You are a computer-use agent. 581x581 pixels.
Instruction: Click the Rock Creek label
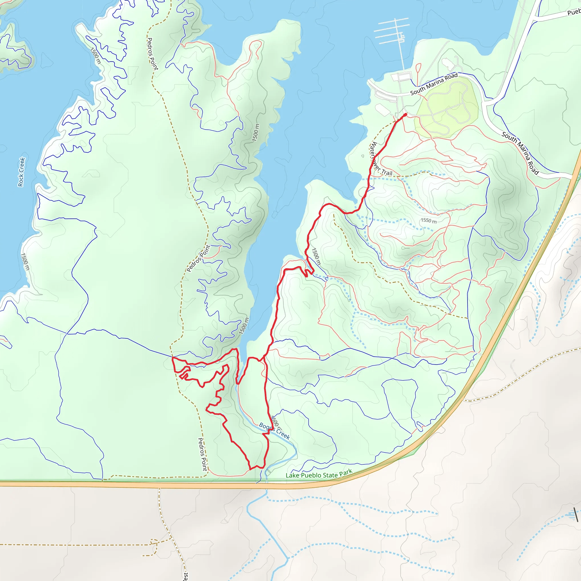pos(21,172)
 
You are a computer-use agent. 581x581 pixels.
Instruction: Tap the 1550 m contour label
pos(429,220)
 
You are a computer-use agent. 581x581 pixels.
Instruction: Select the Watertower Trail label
pos(380,159)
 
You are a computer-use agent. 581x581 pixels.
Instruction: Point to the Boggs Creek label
pos(274,431)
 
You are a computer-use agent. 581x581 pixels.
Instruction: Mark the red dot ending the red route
pos(405,115)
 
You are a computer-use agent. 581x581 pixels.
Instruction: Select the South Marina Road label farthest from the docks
pos(520,153)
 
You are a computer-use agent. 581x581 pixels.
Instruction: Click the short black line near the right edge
pos(576,514)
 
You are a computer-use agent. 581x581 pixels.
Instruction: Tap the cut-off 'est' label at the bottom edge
pos(186,576)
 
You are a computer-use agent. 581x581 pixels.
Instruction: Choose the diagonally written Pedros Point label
pos(199,258)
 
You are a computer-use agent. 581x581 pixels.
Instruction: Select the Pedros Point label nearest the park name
pos(202,454)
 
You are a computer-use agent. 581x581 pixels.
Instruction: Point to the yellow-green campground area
pos(447,108)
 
